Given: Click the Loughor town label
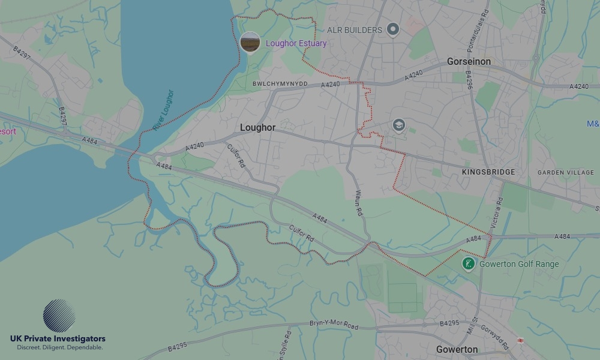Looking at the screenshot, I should pyautogui.click(x=257, y=128).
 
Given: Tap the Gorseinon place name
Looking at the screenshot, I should pyautogui.click(x=469, y=62).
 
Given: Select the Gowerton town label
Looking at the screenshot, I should pyautogui.click(x=457, y=349).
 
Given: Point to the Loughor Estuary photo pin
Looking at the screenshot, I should pyautogui.click(x=250, y=43).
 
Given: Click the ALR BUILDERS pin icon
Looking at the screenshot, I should pyautogui.click(x=393, y=29).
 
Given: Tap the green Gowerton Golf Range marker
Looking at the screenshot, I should pyautogui.click(x=469, y=263).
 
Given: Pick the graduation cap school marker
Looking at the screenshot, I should pyautogui.click(x=398, y=125).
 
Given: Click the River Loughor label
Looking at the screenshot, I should pyautogui.click(x=163, y=110).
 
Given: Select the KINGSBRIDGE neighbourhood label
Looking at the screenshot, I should pyautogui.click(x=488, y=172).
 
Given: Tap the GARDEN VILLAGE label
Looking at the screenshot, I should pyautogui.click(x=565, y=172).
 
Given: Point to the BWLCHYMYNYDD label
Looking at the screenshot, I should pyautogui.click(x=280, y=84).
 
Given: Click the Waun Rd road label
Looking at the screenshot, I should pyautogui.click(x=359, y=203).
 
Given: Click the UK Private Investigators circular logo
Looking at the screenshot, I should pyautogui.click(x=59, y=316).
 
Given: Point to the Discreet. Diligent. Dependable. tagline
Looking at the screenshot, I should pyautogui.click(x=59, y=347).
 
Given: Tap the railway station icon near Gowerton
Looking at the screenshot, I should pyautogui.click(x=520, y=340).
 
